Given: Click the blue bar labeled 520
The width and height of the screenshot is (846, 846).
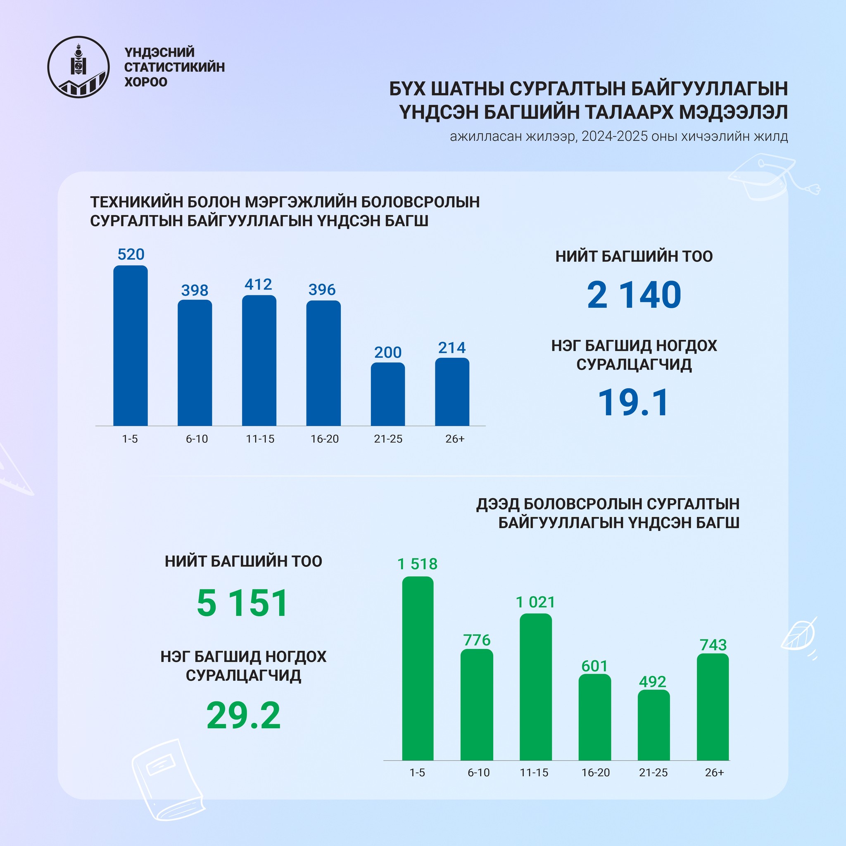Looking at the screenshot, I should click(131, 345).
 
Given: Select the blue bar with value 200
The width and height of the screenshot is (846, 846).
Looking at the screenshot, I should click(387, 394).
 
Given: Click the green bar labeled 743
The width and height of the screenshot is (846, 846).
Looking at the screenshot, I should click(713, 707).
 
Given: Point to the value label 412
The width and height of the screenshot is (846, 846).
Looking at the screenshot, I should click(258, 285).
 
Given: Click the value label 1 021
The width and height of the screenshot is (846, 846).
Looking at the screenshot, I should click(535, 603).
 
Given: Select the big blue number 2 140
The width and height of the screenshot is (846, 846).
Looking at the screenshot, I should click(634, 295).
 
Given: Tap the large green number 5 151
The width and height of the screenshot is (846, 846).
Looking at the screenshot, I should click(242, 604).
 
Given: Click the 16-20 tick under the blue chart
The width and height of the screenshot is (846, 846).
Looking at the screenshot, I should click(324, 439).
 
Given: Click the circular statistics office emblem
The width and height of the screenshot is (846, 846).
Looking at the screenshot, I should click(78, 67).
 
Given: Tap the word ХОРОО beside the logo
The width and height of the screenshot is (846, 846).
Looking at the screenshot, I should click(146, 82).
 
